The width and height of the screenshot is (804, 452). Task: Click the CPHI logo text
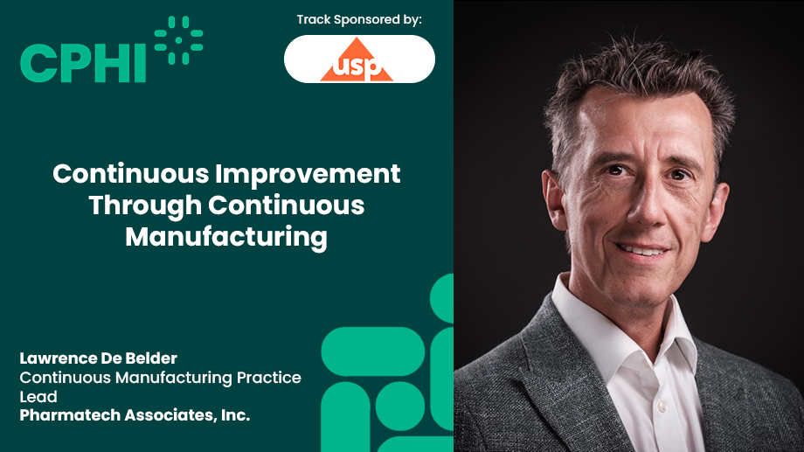[x=83, y=63]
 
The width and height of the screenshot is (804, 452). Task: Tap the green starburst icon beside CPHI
[x=178, y=40]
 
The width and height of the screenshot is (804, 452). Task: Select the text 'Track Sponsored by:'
[x=359, y=19]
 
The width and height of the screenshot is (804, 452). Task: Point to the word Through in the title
[x=144, y=205]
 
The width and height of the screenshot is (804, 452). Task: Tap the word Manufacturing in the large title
[x=226, y=237]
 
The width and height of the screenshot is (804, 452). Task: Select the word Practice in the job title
[x=269, y=378]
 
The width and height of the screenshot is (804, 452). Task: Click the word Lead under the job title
[x=38, y=396]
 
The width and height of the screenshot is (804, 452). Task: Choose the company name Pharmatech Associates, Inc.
[x=135, y=415]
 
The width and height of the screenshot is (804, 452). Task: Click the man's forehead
[x=647, y=122]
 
